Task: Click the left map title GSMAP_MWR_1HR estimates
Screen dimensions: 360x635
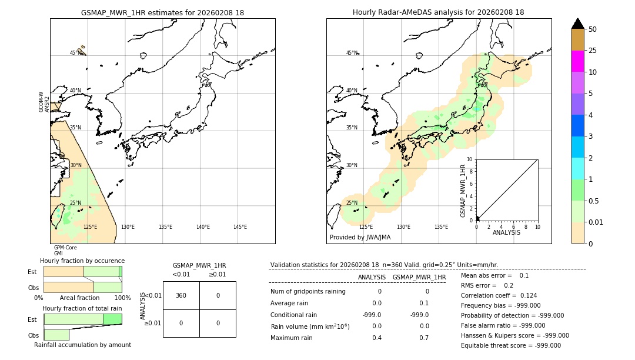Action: point(162,12)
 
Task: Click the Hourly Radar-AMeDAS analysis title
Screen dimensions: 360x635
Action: point(439,12)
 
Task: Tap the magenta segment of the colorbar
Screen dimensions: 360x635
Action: point(578,61)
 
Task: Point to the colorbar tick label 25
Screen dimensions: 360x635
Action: point(593,51)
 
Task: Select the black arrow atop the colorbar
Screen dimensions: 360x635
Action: point(578,24)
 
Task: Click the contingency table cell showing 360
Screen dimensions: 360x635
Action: point(181,295)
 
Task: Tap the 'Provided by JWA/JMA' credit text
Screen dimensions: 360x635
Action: point(360,237)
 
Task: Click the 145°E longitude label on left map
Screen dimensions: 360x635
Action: point(240,227)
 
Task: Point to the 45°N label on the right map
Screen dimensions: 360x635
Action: point(351,53)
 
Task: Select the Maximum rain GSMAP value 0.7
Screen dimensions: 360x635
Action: point(424,338)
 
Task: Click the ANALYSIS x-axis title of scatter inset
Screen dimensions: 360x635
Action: point(506,232)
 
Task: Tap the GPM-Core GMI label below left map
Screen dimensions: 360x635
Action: point(65,251)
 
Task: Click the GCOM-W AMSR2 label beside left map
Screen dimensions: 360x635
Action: point(44,102)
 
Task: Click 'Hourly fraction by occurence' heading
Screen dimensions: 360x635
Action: point(82,261)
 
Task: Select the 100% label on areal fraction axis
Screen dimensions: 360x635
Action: point(122,298)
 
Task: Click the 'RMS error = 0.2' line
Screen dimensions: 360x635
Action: point(487,285)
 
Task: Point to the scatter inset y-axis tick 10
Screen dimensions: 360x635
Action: point(470,159)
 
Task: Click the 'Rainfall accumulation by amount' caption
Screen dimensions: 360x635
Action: point(82,345)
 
